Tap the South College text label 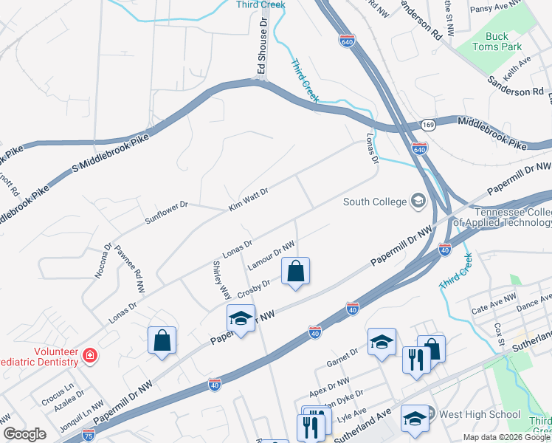click(x=375, y=202)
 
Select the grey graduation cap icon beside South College click(x=418, y=201)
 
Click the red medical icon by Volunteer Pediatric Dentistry click(x=90, y=356)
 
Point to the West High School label click(x=479, y=415)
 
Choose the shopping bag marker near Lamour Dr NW click(x=295, y=271)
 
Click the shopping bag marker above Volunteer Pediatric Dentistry click(x=162, y=340)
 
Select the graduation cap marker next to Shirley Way click(x=240, y=318)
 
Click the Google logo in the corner click(x=24, y=434)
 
